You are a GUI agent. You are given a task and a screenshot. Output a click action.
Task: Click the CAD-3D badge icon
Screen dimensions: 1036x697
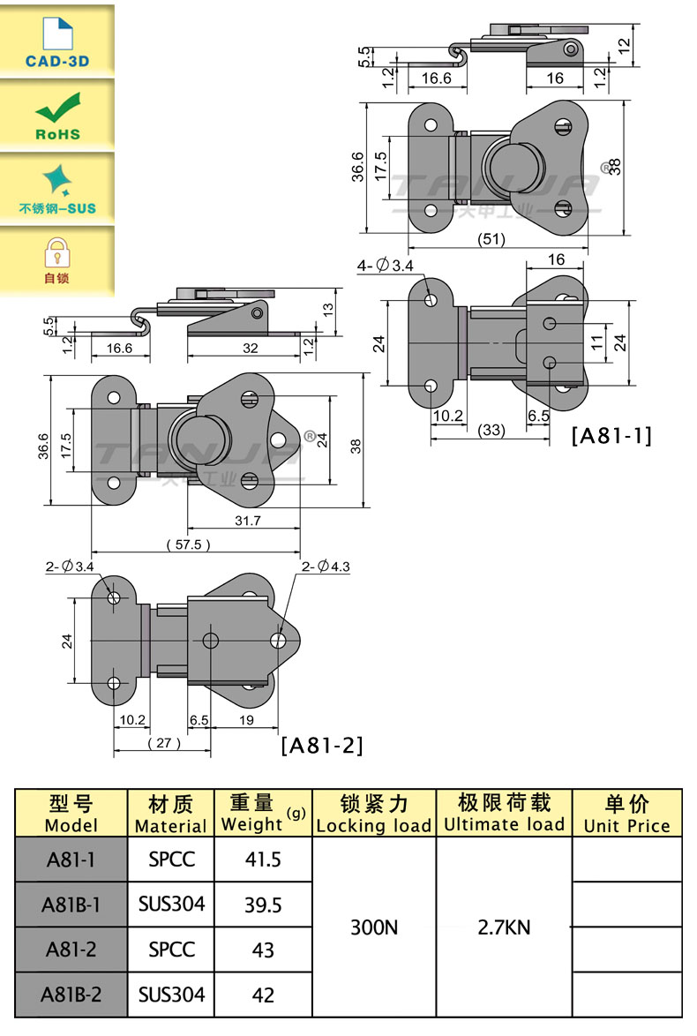[56, 39]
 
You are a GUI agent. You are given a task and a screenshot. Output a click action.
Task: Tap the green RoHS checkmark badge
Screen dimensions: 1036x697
[57, 115]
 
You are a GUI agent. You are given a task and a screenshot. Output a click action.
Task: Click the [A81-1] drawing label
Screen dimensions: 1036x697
[611, 436]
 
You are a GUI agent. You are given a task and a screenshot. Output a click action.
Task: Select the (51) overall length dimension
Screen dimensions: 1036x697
[491, 239]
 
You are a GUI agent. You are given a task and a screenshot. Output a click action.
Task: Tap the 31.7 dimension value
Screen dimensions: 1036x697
[248, 521]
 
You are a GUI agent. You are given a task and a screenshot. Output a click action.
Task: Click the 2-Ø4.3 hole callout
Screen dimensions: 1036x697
[326, 567]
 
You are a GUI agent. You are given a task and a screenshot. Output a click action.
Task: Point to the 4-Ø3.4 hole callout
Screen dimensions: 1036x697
[384, 266]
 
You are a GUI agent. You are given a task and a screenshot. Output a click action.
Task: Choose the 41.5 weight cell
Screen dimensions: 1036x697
[263, 859]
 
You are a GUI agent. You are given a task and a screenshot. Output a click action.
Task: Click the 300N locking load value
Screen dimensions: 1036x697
[374, 927]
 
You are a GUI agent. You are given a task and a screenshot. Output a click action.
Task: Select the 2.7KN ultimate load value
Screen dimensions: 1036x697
[505, 927]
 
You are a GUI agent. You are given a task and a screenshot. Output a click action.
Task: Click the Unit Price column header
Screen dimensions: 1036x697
[626, 814]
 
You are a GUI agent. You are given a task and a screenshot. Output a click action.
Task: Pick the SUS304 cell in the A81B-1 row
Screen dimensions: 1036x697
[171, 904]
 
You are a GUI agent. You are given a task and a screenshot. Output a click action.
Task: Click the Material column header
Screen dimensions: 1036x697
[171, 814]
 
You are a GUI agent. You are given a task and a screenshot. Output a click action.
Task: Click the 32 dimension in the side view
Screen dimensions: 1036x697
[250, 349]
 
